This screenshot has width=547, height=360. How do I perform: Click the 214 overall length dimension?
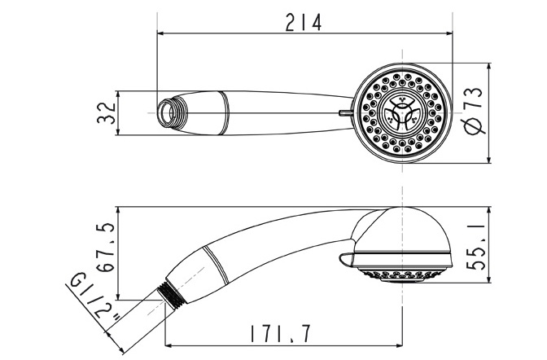tap(303, 23)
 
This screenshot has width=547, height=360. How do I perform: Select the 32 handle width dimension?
tap(106, 112)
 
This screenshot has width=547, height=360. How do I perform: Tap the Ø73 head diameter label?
tap(474, 111)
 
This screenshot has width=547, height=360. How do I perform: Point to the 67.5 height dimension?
tap(106, 248)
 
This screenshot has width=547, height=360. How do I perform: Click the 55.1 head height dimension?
tap(476, 247)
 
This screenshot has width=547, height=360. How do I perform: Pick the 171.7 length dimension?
tap(280, 334)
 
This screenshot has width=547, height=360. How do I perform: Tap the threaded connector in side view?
tap(171, 295)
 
